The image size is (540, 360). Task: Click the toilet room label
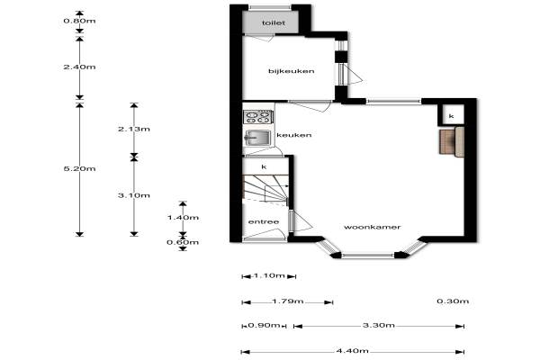click(x=274, y=23)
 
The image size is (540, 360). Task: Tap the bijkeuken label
click(x=292, y=71)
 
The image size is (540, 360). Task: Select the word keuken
click(x=294, y=135)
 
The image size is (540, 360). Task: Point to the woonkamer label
click(x=373, y=227)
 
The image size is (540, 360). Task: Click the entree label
click(x=264, y=222)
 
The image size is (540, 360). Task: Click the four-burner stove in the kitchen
click(x=258, y=117)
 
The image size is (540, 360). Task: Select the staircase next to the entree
click(x=265, y=191)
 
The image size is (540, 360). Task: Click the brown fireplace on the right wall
click(x=452, y=141)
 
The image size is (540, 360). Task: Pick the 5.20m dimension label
click(x=79, y=169)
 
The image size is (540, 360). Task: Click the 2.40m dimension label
click(x=79, y=67)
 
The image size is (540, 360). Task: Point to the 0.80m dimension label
click(x=79, y=21)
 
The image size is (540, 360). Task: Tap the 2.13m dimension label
click(x=134, y=130)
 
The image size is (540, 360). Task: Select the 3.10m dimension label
click(x=134, y=195)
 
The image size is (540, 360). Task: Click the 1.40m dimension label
click(x=183, y=218)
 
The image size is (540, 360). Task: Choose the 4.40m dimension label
click(x=352, y=351)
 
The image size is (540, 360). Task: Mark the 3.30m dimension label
click(x=379, y=325)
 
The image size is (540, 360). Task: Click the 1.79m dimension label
click(x=288, y=301)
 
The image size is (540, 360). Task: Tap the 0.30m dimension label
click(x=453, y=301)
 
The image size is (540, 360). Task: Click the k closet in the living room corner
click(x=451, y=116)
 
